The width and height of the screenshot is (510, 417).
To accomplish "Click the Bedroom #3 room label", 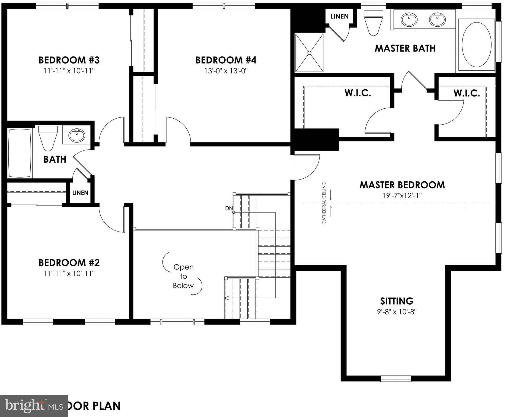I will tap(69, 60).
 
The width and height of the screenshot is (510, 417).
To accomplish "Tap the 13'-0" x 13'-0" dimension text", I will tap(226, 71).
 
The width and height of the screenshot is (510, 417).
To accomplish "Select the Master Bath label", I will tap(405, 48).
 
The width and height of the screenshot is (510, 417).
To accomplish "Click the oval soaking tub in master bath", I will tap(476, 45).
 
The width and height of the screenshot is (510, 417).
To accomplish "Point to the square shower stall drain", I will tap(309, 53).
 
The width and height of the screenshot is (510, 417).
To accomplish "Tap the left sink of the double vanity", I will tap(409, 20).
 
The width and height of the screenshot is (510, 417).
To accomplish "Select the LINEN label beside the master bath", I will tap(339, 16).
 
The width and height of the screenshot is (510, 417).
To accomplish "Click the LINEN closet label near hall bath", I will tap(80, 192).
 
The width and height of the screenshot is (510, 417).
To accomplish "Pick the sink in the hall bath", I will tap(77, 135).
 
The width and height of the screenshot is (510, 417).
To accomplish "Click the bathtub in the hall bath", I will tap(20, 153).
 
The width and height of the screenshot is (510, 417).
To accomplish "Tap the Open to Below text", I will tap(183, 276).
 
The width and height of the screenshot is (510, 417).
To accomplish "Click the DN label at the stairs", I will tap(229, 208).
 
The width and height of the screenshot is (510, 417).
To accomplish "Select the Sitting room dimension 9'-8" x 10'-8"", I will tap(397, 312).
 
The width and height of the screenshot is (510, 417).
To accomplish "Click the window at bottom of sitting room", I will tap(396, 378).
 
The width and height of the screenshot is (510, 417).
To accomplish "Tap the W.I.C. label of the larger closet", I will tap(358, 93).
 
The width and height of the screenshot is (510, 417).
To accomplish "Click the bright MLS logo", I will tap(34, 406).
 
